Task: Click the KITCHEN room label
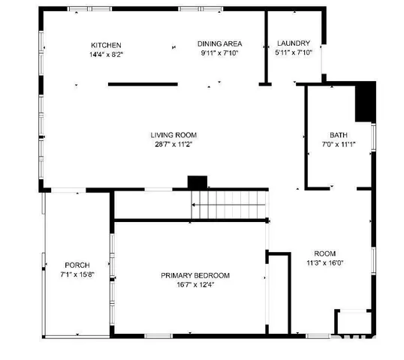(106, 44)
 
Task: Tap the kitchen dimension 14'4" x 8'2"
(106, 54)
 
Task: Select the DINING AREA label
(220, 43)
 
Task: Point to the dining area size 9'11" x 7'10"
(220, 53)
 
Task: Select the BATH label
(338, 135)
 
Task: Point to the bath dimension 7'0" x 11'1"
(338, 145)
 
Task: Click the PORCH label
(77, 265)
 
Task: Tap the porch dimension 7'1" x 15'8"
(77, 275)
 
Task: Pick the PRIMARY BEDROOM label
(195, 275)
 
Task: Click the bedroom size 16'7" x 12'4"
(195, 285)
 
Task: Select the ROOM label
(325, 253)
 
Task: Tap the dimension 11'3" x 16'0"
(325, 263)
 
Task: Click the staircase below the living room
(229, 204)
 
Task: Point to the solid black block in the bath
(364, 102)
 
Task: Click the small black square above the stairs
(197, 182)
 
